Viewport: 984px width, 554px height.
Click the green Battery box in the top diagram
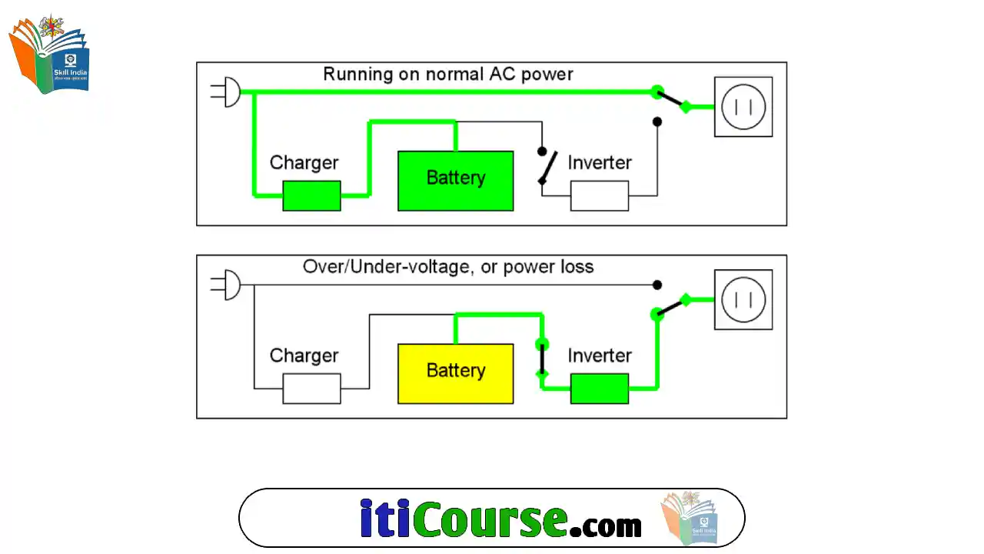(455, 181)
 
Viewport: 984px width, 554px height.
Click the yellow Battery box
(455, 373)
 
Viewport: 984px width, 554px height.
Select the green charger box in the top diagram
(311, 195)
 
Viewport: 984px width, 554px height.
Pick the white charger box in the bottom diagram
(311, 389)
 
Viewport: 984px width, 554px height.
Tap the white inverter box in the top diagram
(599, 195)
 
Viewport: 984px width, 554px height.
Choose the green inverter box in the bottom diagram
(599, 389)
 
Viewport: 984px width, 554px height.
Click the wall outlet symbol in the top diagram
(743, 107)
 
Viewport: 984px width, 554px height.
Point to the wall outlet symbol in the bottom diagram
(743, 299)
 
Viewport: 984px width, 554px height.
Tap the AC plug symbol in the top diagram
(227, 92)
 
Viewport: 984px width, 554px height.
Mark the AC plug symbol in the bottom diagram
(227, 285)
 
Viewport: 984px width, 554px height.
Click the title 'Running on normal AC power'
(447, 75)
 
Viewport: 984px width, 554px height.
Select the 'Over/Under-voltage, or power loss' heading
(447, 267)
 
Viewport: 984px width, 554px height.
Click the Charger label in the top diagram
(304, 163)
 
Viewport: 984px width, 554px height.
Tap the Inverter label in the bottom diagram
(599, 355)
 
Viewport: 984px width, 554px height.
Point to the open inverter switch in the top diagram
(546, 166)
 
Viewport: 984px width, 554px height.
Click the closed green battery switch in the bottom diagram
(542, 359)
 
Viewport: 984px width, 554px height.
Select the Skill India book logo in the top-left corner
(50, 54)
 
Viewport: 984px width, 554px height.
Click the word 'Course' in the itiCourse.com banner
(490, 519)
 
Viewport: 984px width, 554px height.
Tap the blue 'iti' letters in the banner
(384, 519)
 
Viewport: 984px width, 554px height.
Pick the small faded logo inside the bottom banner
(690, 517)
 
